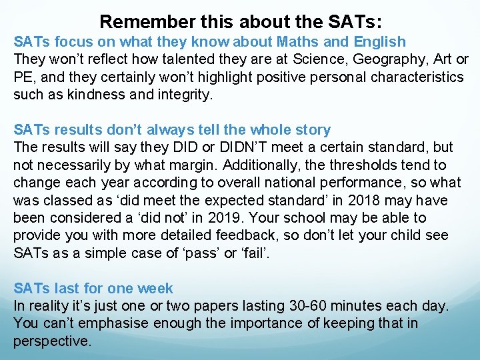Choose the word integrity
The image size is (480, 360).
(x=183, y=94)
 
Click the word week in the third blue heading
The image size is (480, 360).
(x=155, y=289)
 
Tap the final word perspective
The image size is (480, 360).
(x=52, y=341)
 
